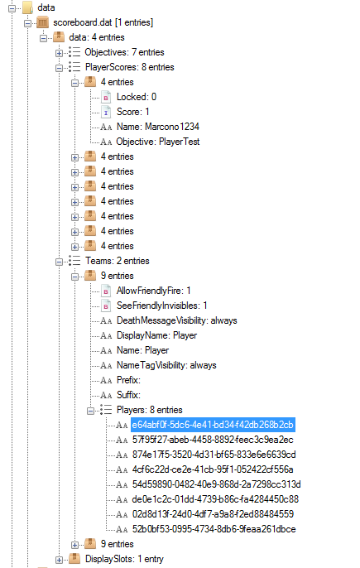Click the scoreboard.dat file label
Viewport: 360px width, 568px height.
(103, 22)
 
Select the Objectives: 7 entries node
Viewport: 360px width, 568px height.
(124, 52)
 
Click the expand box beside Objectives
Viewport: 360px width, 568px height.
(59, 53)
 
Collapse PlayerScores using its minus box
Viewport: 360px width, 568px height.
(59, 68)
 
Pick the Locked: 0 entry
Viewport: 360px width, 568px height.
(137, 97)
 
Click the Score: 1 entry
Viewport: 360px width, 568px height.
(132, 112)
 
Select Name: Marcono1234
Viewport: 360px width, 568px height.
(157, 127)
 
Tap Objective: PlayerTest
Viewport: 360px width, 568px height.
(157, 142)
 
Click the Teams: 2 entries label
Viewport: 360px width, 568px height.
(117, 261)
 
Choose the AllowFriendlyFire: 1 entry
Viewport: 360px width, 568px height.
(153, 291)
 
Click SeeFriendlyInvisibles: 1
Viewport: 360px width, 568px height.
(161, 306)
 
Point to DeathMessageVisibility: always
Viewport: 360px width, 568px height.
(177, 320)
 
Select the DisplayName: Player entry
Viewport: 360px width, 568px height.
(156, 335)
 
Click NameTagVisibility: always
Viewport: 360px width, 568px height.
(166, 365)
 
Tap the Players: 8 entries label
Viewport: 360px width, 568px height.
(149, 410)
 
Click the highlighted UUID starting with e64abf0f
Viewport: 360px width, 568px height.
(213, 425)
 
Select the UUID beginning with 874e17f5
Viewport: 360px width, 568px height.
(214, 455)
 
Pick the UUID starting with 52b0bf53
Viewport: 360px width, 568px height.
(214, 529)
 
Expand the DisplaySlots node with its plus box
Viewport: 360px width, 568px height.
(59, 560)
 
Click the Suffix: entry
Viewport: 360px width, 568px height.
(128, 395)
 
